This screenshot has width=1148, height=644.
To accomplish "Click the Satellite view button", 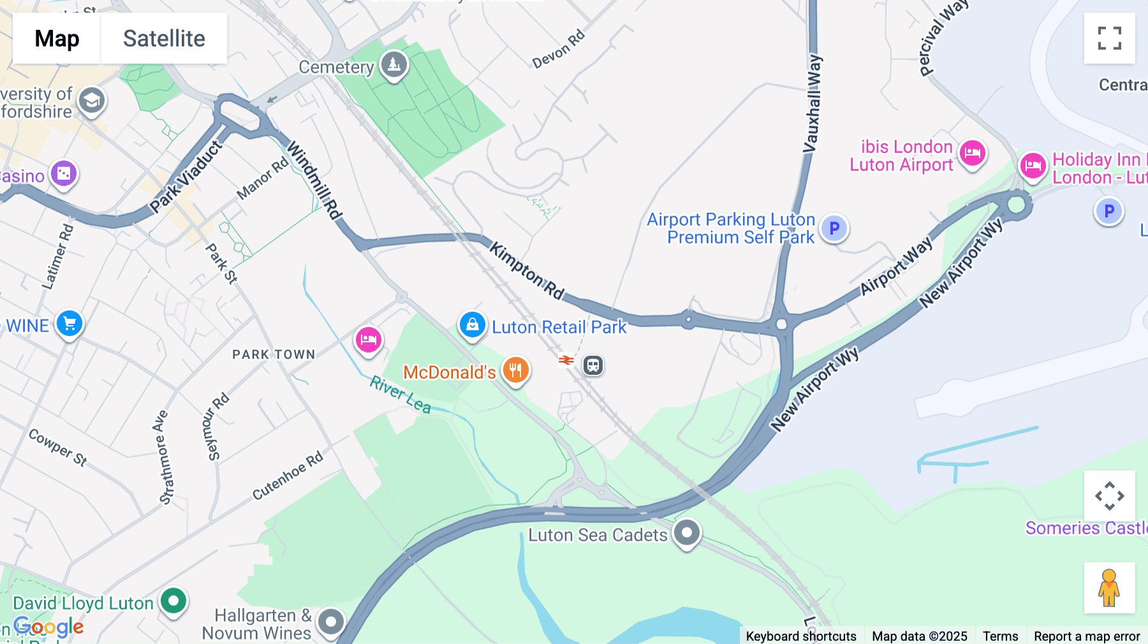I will point(164,38).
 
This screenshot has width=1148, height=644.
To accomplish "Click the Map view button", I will point(57,38).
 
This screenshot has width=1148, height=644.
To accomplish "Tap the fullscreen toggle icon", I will point(1109,38).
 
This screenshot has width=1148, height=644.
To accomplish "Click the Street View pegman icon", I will point(1109,587).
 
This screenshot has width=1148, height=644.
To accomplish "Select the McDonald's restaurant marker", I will point(515,370).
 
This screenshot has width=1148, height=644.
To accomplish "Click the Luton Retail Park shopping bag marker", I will point(472,325).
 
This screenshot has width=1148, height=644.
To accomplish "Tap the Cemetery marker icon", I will point(394,64).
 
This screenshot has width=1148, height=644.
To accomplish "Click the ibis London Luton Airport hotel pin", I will point(972,153).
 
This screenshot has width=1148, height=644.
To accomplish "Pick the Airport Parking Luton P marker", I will point(834,228).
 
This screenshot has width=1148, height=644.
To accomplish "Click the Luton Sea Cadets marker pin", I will point(686,532).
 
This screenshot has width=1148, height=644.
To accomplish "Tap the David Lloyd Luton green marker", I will point(173,600).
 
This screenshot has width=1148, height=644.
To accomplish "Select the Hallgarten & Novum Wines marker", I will point(330,621).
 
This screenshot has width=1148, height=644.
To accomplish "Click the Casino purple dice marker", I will point(64,173).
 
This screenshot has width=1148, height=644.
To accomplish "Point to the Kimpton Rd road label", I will point(527,271).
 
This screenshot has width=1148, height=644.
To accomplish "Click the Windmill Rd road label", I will point(314,180).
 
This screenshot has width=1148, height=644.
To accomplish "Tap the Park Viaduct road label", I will point(186,177).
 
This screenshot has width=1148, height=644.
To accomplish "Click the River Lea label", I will point(401,394).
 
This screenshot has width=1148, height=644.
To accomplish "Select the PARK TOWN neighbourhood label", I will point(274,355).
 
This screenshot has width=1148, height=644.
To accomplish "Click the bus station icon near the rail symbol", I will point(593,365).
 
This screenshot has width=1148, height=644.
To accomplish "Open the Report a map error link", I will point(1087,636).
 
